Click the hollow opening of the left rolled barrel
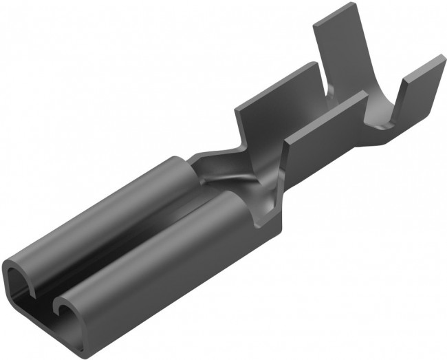(17, 282)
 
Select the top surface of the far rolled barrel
(103, 207)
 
